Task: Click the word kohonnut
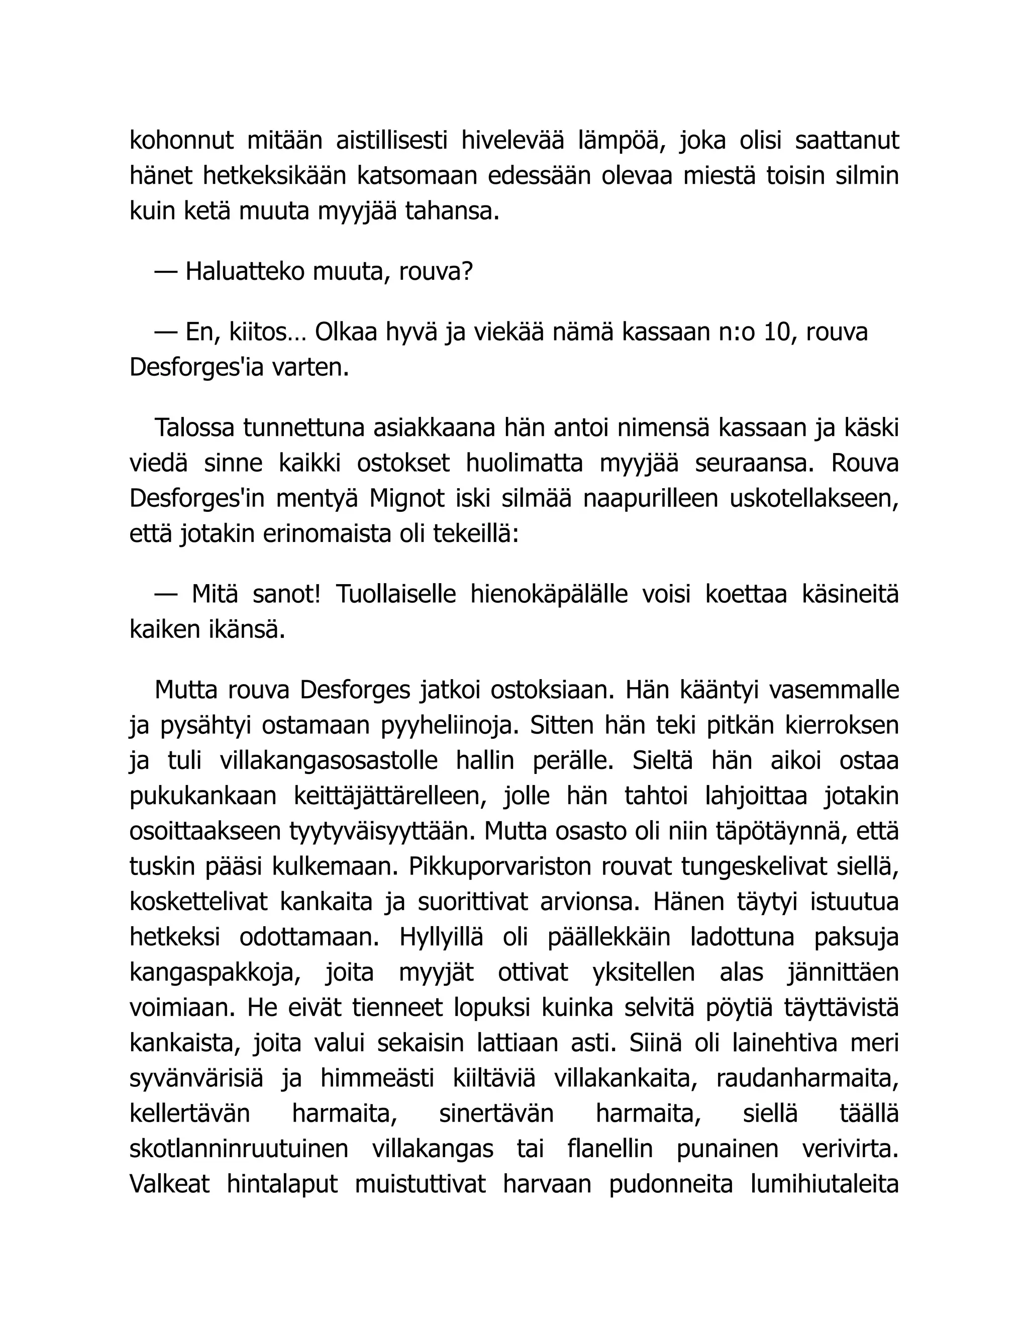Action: coord(182,141)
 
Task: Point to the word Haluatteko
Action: coord(246,272)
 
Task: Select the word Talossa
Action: coord(194,428)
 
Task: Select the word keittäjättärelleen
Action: coord(391,797)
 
